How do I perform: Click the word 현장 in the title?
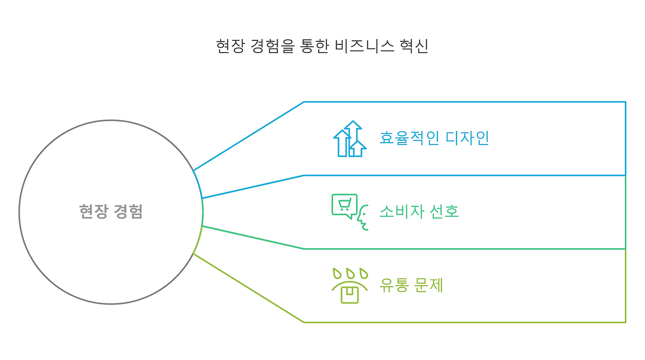coord(230,46)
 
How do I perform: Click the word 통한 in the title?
coord(315,46)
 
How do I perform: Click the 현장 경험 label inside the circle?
coord(111,211)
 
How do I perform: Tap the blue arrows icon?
coord(350,139)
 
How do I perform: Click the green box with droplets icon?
coord(350,285)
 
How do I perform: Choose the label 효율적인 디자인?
coord(434,138)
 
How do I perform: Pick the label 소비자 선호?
coord(419,211)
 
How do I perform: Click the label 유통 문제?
coord(411,285)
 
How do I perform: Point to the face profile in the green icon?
coord(362,218)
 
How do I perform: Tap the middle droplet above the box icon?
coord(350,274)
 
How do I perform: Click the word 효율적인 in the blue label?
coord(403,138)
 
